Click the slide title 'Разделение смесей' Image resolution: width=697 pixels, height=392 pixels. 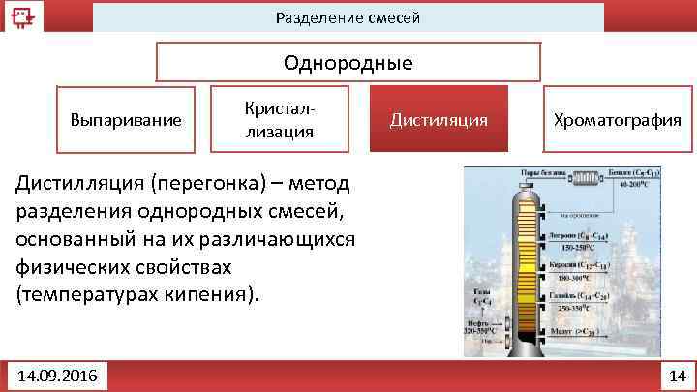pyautogui.click(x=348, y=18)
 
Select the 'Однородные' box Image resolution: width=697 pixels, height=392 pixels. pyautogui.click(x=348, y=64)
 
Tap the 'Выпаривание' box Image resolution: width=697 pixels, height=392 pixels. pyautogui.click(x=126, y=120)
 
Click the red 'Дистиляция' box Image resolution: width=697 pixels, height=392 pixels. pyautogui.click(x=439, y=120)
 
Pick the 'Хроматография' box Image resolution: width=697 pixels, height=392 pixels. pyautogui.click(x=617, y=120)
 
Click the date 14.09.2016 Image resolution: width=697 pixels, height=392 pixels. pyautogui.click(x=57, y=374)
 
